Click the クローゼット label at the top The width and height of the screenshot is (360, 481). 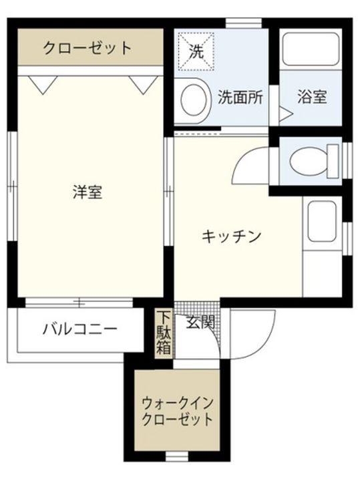pos(87,48)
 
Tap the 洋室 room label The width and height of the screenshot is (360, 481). pos(87,193)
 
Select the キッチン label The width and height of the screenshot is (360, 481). pos(231,236)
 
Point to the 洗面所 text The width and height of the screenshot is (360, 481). pos(240,97)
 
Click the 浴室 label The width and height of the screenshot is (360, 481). pos(312,97)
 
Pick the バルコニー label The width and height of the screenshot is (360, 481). pos(80,329)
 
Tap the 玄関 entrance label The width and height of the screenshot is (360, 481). pos(200,322)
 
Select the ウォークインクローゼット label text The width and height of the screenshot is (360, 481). pos(177,412)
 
